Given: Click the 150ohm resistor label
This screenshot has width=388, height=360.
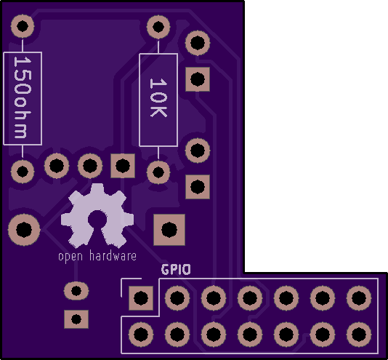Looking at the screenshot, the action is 23,97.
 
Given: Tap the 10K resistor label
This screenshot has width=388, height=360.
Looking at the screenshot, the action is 158,97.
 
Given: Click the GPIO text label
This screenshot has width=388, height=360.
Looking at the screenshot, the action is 176,269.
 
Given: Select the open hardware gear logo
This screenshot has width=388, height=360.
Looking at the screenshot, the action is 97,216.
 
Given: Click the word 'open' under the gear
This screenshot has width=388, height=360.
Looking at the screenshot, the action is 70,257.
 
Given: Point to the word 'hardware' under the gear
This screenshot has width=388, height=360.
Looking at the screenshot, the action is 113,256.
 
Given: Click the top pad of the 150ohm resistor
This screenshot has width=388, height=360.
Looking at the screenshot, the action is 23,26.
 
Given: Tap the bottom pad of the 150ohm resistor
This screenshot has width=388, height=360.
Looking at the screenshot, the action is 23,172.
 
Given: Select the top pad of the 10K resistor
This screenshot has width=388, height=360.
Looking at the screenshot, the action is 158,27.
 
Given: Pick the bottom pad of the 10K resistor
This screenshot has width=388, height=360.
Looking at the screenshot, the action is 158,172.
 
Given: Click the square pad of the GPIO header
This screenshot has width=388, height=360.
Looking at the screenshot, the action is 141,297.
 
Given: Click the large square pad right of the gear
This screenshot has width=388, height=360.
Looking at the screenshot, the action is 169,230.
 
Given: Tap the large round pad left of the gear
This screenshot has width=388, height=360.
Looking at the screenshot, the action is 24,230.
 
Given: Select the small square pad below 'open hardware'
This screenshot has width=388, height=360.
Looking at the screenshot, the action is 76,319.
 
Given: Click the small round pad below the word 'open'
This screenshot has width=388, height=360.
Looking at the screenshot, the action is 76,291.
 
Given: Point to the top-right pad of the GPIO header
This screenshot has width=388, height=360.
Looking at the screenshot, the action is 359,297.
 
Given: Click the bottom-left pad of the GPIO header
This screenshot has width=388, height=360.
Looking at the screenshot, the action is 141,335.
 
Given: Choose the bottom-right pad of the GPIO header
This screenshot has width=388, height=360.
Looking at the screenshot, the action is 359,335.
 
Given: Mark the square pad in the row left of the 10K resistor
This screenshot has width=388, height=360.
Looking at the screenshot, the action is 123,166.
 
